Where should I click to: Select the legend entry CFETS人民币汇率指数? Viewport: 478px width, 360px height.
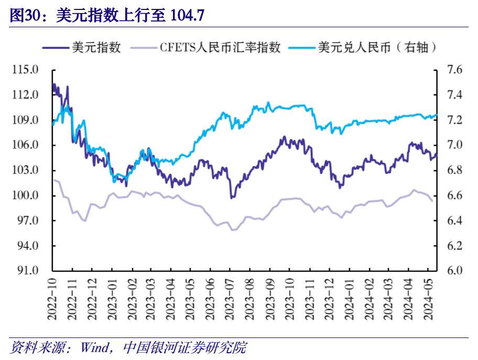pos(221,47)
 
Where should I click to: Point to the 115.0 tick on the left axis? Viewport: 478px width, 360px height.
pos(28,70)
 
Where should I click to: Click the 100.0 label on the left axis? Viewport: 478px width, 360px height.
pos(28,195)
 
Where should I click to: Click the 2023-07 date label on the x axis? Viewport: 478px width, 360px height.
pos(229,299)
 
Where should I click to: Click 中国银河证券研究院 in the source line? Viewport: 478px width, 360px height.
pos(183,347)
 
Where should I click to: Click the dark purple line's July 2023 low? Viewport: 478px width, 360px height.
pos(232,198)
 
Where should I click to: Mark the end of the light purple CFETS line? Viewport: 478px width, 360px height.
pos(432,201)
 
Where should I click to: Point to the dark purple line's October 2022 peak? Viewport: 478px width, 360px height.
pos(54,84)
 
